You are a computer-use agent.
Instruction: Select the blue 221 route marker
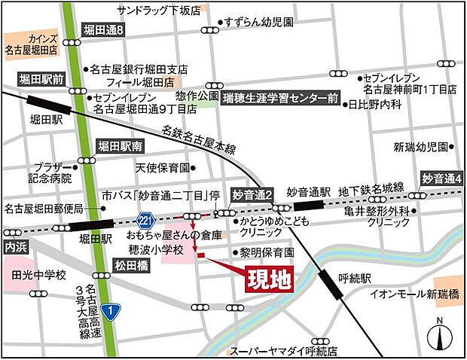(x=145, y=219)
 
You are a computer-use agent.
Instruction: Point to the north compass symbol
(x=440, y=334)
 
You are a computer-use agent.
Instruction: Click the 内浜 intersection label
(x=15, y=246)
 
